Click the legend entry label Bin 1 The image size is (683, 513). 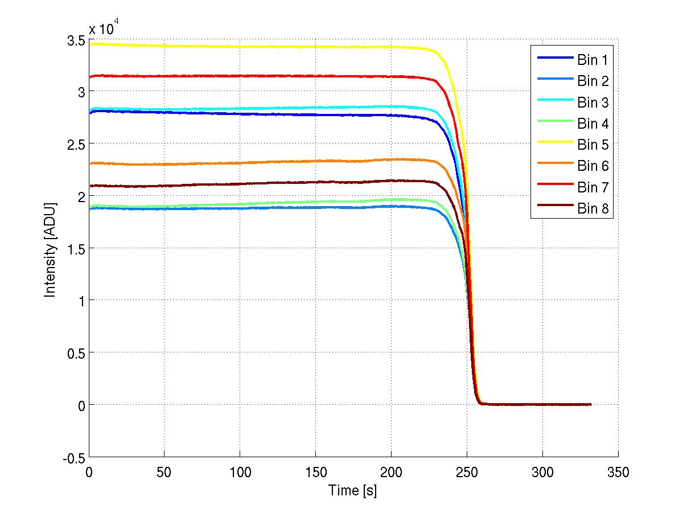pos(593,59)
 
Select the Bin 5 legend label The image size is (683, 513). pos(593,145)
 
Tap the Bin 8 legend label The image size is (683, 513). pos(593,209)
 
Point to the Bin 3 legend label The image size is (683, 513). pos(593,102)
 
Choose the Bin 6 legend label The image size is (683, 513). pos(593,166)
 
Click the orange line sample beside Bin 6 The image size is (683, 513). pos(554,166)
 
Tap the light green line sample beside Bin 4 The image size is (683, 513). pos(554,124)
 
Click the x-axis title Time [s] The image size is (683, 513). pos(353,490)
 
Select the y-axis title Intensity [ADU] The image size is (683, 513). pos(51,248)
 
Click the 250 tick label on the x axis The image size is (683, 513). pos(467,473)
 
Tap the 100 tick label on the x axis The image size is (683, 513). pos(240,473)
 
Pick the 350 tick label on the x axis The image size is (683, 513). pos(618,473)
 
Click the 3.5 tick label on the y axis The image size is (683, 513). pos(76,40)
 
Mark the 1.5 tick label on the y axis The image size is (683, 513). pos(76,249)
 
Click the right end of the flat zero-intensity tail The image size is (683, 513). pos(590,404)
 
